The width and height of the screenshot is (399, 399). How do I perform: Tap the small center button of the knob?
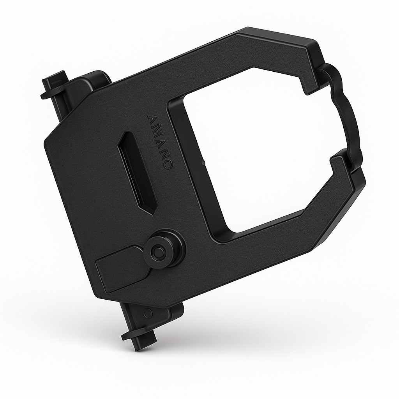(158, 252)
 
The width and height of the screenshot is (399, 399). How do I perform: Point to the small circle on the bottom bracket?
(148, 313)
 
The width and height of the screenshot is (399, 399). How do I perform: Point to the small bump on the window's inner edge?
(203, 160)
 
